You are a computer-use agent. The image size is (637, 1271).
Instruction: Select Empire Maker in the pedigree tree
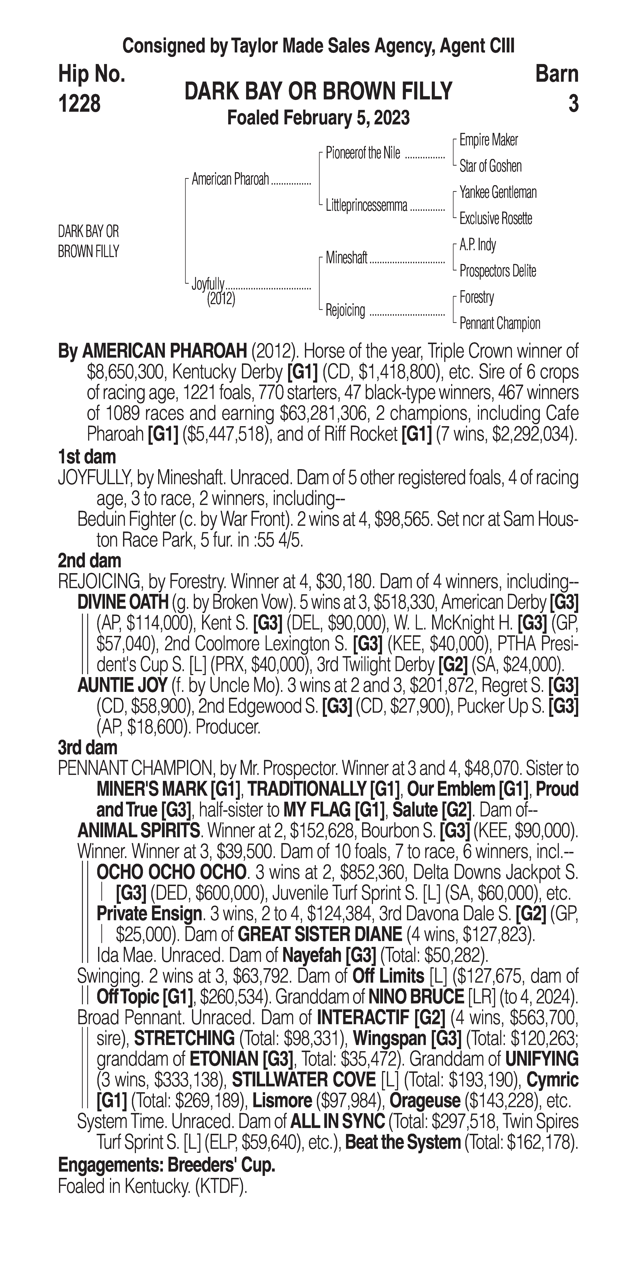point(488,140)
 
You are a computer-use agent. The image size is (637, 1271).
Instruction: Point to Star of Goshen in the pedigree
point(490,166)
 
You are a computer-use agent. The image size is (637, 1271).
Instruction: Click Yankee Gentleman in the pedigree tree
point(498,192)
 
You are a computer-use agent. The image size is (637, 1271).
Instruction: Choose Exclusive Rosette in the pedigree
point(496,219)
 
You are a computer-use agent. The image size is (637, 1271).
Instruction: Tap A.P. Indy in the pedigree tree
point(478,245)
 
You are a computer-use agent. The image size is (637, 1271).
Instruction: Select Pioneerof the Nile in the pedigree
point(362,153)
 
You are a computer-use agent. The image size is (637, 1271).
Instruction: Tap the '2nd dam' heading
point(89,561)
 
